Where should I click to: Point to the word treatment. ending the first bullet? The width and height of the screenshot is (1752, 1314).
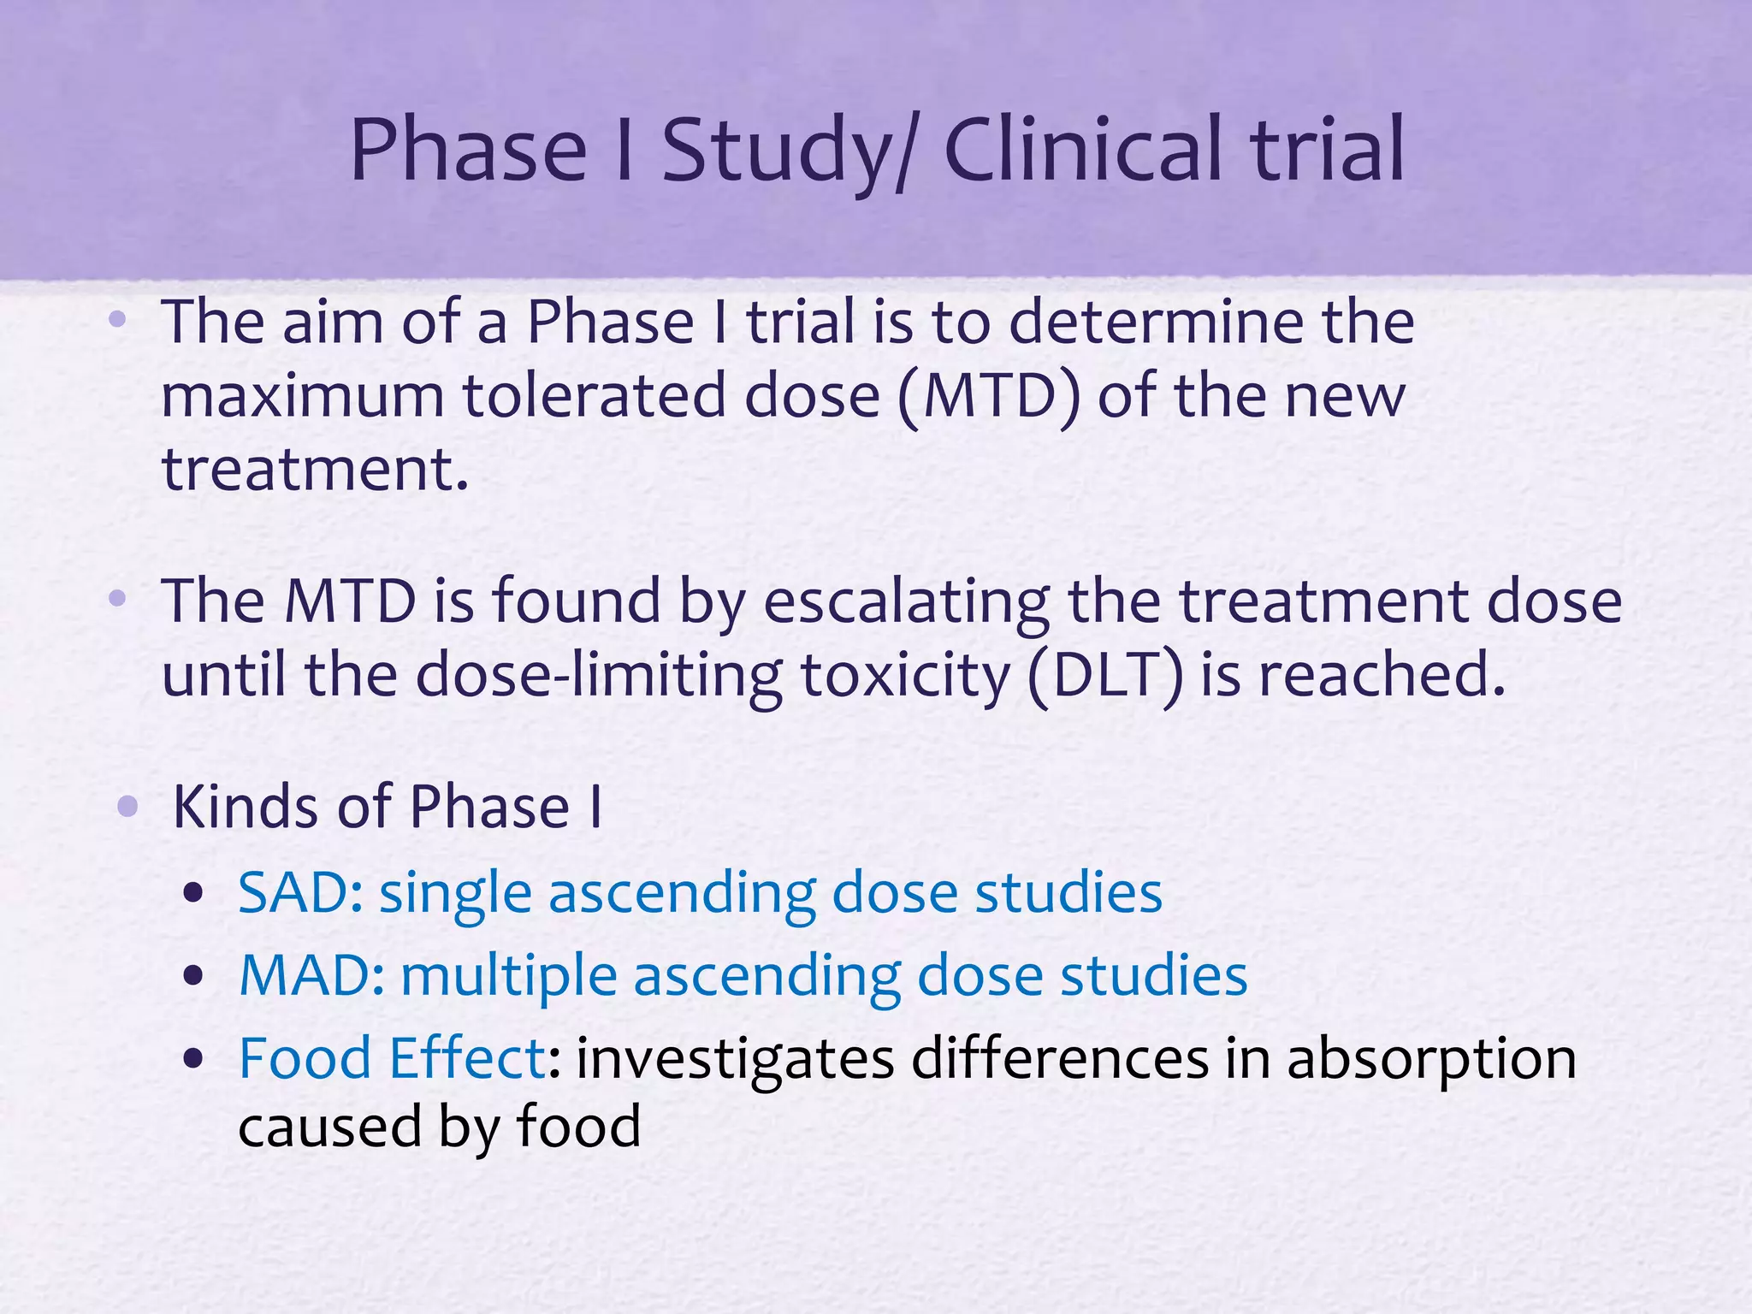[x=316, y=471]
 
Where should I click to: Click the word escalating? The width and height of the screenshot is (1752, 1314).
[x=906, y=601]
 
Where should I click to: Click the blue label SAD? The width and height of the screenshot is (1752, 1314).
[x=300, y=893]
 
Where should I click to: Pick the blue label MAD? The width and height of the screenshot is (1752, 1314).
[x=311, y=975]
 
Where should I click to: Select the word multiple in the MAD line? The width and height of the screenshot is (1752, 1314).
[x=509, y=976]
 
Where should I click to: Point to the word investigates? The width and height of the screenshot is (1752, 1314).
[x=735, y=1059]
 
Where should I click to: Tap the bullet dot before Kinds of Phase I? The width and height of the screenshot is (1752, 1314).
[x=127, y=806]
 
